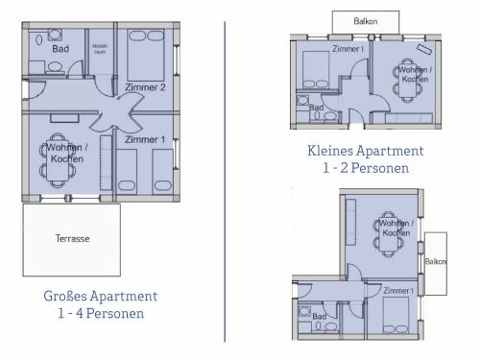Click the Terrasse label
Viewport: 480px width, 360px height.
pyautogui.click(x=72, y=239)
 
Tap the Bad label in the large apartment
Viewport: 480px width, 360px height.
pyautogui.click(x=60, y=48)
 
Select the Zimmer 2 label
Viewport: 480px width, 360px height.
pyautogui.click(x=145, y=87)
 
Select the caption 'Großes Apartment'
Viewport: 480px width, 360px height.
pyautogui.click(x=101, y=297)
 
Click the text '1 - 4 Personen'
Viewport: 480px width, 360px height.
pyautogui.click(x=101, y=313)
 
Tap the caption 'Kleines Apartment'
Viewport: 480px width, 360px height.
pyautogui.click(x=365, y=151)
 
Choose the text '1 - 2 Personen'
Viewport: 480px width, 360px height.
pyautogui.click(x=365, y=168)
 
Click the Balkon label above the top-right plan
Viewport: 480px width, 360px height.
pyautogui.click(x=365, y=20)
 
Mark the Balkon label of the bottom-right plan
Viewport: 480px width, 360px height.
pyautogui.click(x=435, y=261)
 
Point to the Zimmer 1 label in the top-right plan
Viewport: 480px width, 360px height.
pyautogui.click(x=348, y=48)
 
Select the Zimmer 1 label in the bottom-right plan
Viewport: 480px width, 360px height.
pyautogui.click(x=397, y=290)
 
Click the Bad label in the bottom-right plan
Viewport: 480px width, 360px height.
pyautogui.click(x=320, y=316)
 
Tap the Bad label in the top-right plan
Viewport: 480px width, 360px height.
pyautogui.click(x=317, y=108)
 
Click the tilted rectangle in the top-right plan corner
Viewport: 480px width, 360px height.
pyautogui.click(x=423, y=49)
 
